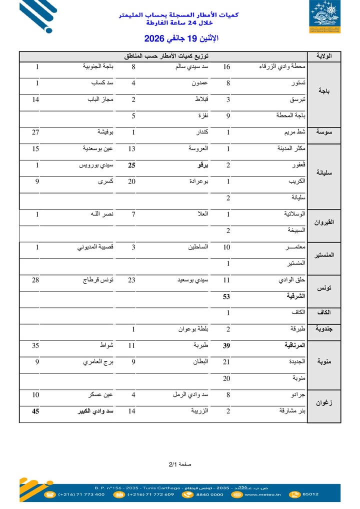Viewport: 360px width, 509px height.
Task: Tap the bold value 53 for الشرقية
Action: pos(226,296)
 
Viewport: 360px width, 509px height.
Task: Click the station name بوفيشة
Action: pos(105,132)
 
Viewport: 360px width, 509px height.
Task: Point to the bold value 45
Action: pos(35,411)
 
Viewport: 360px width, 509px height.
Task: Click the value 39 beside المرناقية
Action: pos(226,345)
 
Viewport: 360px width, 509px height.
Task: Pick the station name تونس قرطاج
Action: pos(98,280)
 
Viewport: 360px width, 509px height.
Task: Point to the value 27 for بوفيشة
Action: pos(35,132)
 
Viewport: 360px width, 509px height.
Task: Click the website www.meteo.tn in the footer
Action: pos(261,494)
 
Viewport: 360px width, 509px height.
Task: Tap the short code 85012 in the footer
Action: pos(310,494)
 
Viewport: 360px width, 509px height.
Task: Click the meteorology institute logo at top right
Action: pos(326,17)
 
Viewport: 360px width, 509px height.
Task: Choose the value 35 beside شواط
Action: pos(35,345)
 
